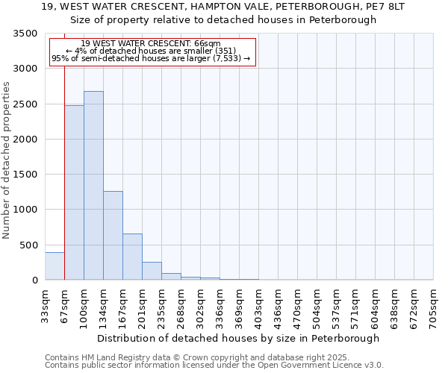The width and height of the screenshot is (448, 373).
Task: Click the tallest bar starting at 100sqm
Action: [93, 186]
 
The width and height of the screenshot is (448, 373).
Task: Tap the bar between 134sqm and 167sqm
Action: [113, 235]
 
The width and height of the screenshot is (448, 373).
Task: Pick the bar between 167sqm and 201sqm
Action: [132, 257]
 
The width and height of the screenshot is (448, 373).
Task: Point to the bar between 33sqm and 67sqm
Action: [55, 266]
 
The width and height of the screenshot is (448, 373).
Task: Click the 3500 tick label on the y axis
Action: [25, 34]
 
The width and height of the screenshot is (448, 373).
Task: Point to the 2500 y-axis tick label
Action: [25, 104]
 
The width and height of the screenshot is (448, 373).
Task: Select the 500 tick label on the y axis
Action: [28, 245]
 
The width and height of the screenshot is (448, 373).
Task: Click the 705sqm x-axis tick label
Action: [433, 305]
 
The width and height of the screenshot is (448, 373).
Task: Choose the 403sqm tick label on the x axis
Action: [258, 305]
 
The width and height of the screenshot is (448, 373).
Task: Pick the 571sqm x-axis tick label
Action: [355, 305]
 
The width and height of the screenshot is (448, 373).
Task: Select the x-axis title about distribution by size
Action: [238, 338]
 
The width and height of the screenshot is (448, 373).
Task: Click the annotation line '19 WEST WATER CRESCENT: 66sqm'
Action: [151, 44]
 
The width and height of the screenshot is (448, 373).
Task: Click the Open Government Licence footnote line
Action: [214, 366]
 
